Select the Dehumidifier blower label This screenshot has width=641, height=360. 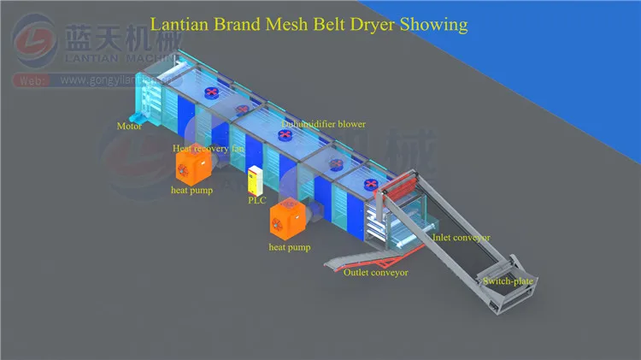click(324, 124)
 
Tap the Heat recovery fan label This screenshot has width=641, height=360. click(209, 148)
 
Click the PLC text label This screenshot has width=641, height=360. click(256, 201)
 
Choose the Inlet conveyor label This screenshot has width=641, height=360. click(462, 238)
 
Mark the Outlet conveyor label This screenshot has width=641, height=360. click(375, 273)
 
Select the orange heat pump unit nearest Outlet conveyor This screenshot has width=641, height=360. click(287, 218)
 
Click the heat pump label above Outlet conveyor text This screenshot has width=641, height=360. click(290, 248)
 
